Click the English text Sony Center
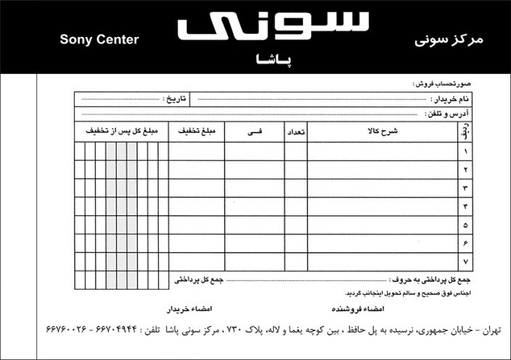(x=99, y=40)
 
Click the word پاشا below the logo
(x=273, y=61)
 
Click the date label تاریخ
(x=173, y=99)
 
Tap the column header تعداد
(x=296, y=132)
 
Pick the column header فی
(x=256, y=132)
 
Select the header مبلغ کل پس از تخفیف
(x=121, y=132)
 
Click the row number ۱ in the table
(x=465, y=151)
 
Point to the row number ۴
(x=465, y=206)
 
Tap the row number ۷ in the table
(x=465, y=261)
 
